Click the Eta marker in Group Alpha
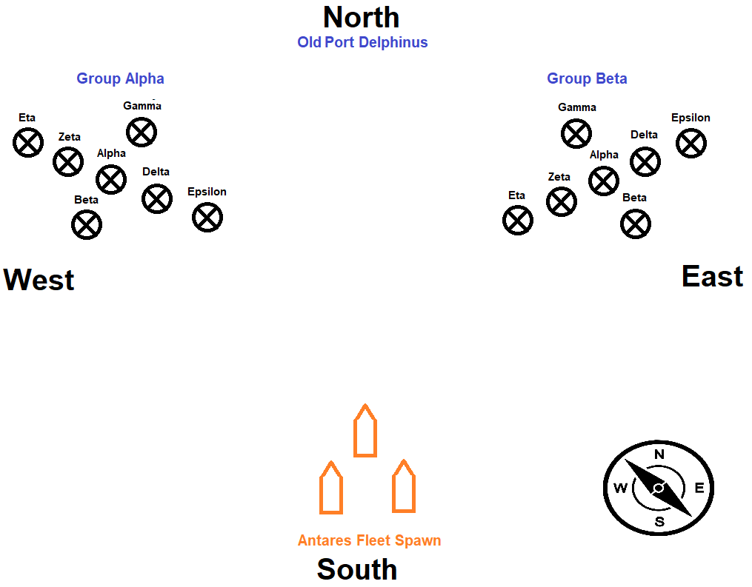(x=28, y=142)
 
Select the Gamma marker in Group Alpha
(x=142, y=132)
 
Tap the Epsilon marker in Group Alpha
(x=207, y=217)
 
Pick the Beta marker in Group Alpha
(x=87, y=224)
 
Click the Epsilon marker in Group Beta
(x=691, y=143)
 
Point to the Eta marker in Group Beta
(x=518, y=220)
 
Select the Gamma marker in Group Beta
(x=576, y=133)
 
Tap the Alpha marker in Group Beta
(x=604, y=181)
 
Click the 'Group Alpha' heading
(x=120, y=78)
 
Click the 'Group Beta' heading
(x=587, y=78)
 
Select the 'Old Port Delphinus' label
(x=362, y=42)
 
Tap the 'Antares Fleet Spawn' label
(x=369, y=540)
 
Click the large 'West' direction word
(x=39, y=281)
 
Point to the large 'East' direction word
(x=712, y=277)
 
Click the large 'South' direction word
(x=357, y=569)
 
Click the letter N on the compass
(x=659, y=454)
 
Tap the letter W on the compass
(x=620, y=488)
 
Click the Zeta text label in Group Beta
(x=559, y=177)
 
